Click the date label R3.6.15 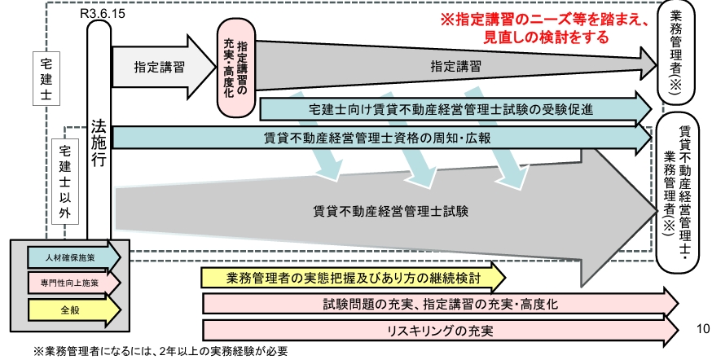tap(99, 14)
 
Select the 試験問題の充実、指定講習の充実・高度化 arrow tap(440, 304)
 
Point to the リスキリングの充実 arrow tap(440, 331)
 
